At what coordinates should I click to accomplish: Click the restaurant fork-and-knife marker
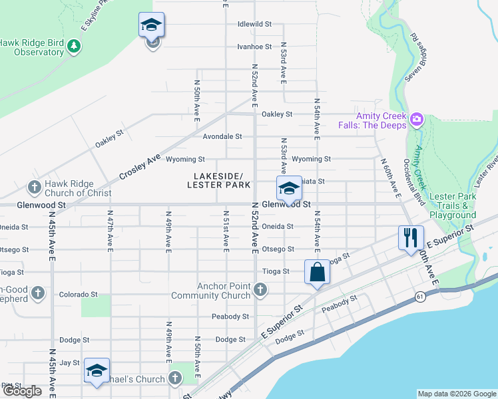point(410,237)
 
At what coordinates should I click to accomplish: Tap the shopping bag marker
point(318,271)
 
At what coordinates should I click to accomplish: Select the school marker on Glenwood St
point(289,188)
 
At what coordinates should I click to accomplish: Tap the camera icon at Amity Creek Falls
point(417,120)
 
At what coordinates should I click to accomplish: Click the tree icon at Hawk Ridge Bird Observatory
point(76,46)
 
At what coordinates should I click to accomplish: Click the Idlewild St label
point(254,24)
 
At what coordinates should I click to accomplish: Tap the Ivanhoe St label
point(254,47)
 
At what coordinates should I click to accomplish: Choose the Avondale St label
point(222,137)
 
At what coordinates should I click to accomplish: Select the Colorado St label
point(78,294)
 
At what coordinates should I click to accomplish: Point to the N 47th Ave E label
point(110,231)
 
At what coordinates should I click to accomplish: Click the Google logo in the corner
point(22,391)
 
